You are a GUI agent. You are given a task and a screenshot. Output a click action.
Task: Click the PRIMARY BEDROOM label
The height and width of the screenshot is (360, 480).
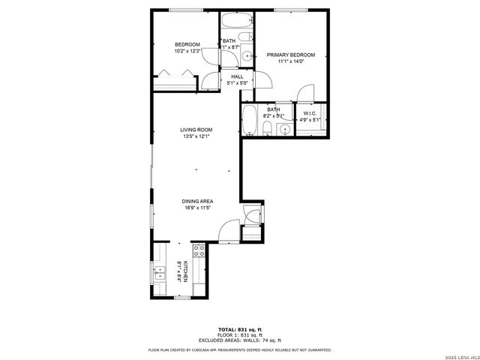(x=291, y=55)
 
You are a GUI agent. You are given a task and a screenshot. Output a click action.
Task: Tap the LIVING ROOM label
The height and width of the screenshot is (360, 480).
(x=194, y=129)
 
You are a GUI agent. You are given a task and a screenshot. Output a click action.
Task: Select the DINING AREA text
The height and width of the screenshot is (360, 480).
(x=197, y=201)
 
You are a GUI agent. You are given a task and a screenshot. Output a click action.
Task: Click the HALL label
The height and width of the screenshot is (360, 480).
(x=237, y=76)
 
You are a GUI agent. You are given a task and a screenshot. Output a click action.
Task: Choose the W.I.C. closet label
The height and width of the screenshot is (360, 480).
(x=310, y=113)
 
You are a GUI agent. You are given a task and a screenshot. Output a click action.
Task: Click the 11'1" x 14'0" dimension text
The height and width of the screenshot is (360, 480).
(x=291, y=62)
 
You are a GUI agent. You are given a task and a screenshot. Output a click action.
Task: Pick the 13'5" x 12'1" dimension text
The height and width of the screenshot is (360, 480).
(x=194, y=136)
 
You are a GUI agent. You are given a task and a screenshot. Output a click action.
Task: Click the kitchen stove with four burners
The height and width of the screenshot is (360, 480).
(x=199, y=253)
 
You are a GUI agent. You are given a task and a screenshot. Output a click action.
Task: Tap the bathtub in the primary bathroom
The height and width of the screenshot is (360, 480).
(x=250, y=120)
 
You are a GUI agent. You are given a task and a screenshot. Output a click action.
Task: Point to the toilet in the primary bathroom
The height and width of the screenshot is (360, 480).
(x=268, y=130)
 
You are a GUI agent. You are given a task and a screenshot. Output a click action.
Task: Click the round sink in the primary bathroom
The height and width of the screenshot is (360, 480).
(x=283, y=130)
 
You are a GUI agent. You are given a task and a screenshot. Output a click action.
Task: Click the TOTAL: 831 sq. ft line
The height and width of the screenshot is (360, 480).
(x=240, y=329)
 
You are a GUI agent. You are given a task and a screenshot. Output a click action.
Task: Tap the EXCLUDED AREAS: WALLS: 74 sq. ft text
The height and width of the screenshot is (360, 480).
(x=240, y=340)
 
